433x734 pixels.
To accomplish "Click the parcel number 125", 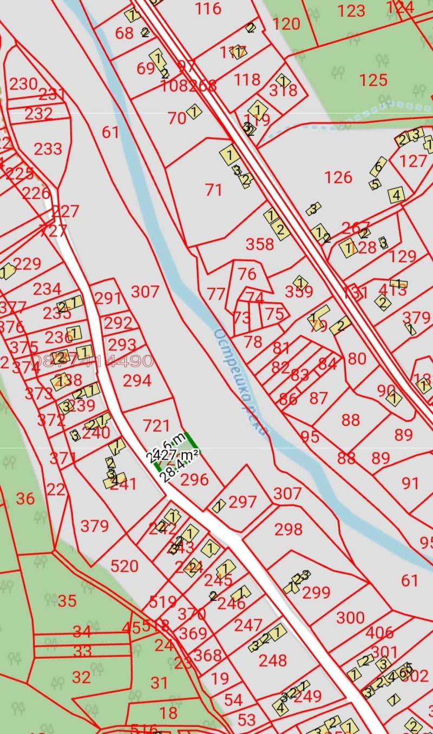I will pos(373,80).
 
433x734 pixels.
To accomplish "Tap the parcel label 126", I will pos(338,177).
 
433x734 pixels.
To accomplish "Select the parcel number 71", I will pos(214,190).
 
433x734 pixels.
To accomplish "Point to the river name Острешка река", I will pos(241,381).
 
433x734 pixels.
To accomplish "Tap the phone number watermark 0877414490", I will pos(92,361).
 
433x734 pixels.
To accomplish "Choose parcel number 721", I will pos(155,426).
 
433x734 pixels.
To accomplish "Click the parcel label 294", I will pos(136,381).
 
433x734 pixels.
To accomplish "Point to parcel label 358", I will pos(260,244).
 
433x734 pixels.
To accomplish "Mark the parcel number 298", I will pos(288,529).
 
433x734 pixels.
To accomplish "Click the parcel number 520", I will pos(124,566).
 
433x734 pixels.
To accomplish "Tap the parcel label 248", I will pos(272,660).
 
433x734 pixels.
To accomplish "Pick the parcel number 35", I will pos(67,601).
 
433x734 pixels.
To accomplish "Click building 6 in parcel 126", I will pos(378,165).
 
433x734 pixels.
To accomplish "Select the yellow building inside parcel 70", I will pos(194,111).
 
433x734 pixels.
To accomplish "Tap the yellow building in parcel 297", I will pos(219,506).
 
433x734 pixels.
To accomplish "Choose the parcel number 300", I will pos(350,618).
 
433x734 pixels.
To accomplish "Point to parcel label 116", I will pos(208,9).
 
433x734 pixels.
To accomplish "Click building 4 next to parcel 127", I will pos(397,194).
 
